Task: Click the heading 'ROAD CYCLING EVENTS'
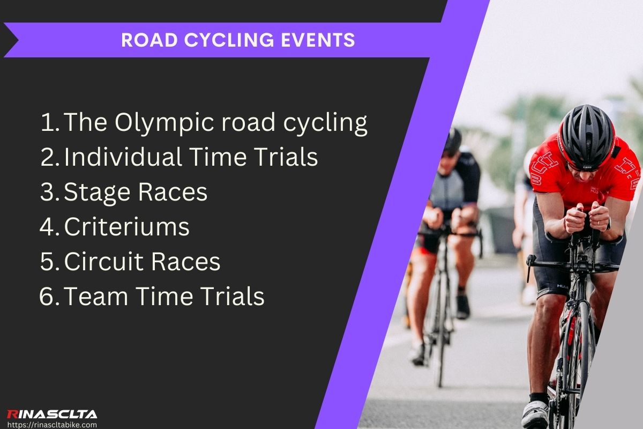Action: click(238, 40)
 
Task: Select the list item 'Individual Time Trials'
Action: click(191, 158)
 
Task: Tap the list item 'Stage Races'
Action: click(136, 193)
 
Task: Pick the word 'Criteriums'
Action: click(127, 227)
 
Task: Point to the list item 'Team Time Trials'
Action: click(164, 297)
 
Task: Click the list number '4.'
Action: click(50, 227)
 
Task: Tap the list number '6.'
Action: click(50, 297)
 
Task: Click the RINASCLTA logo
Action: click(51, 414)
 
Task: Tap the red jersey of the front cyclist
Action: click(557, 177)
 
